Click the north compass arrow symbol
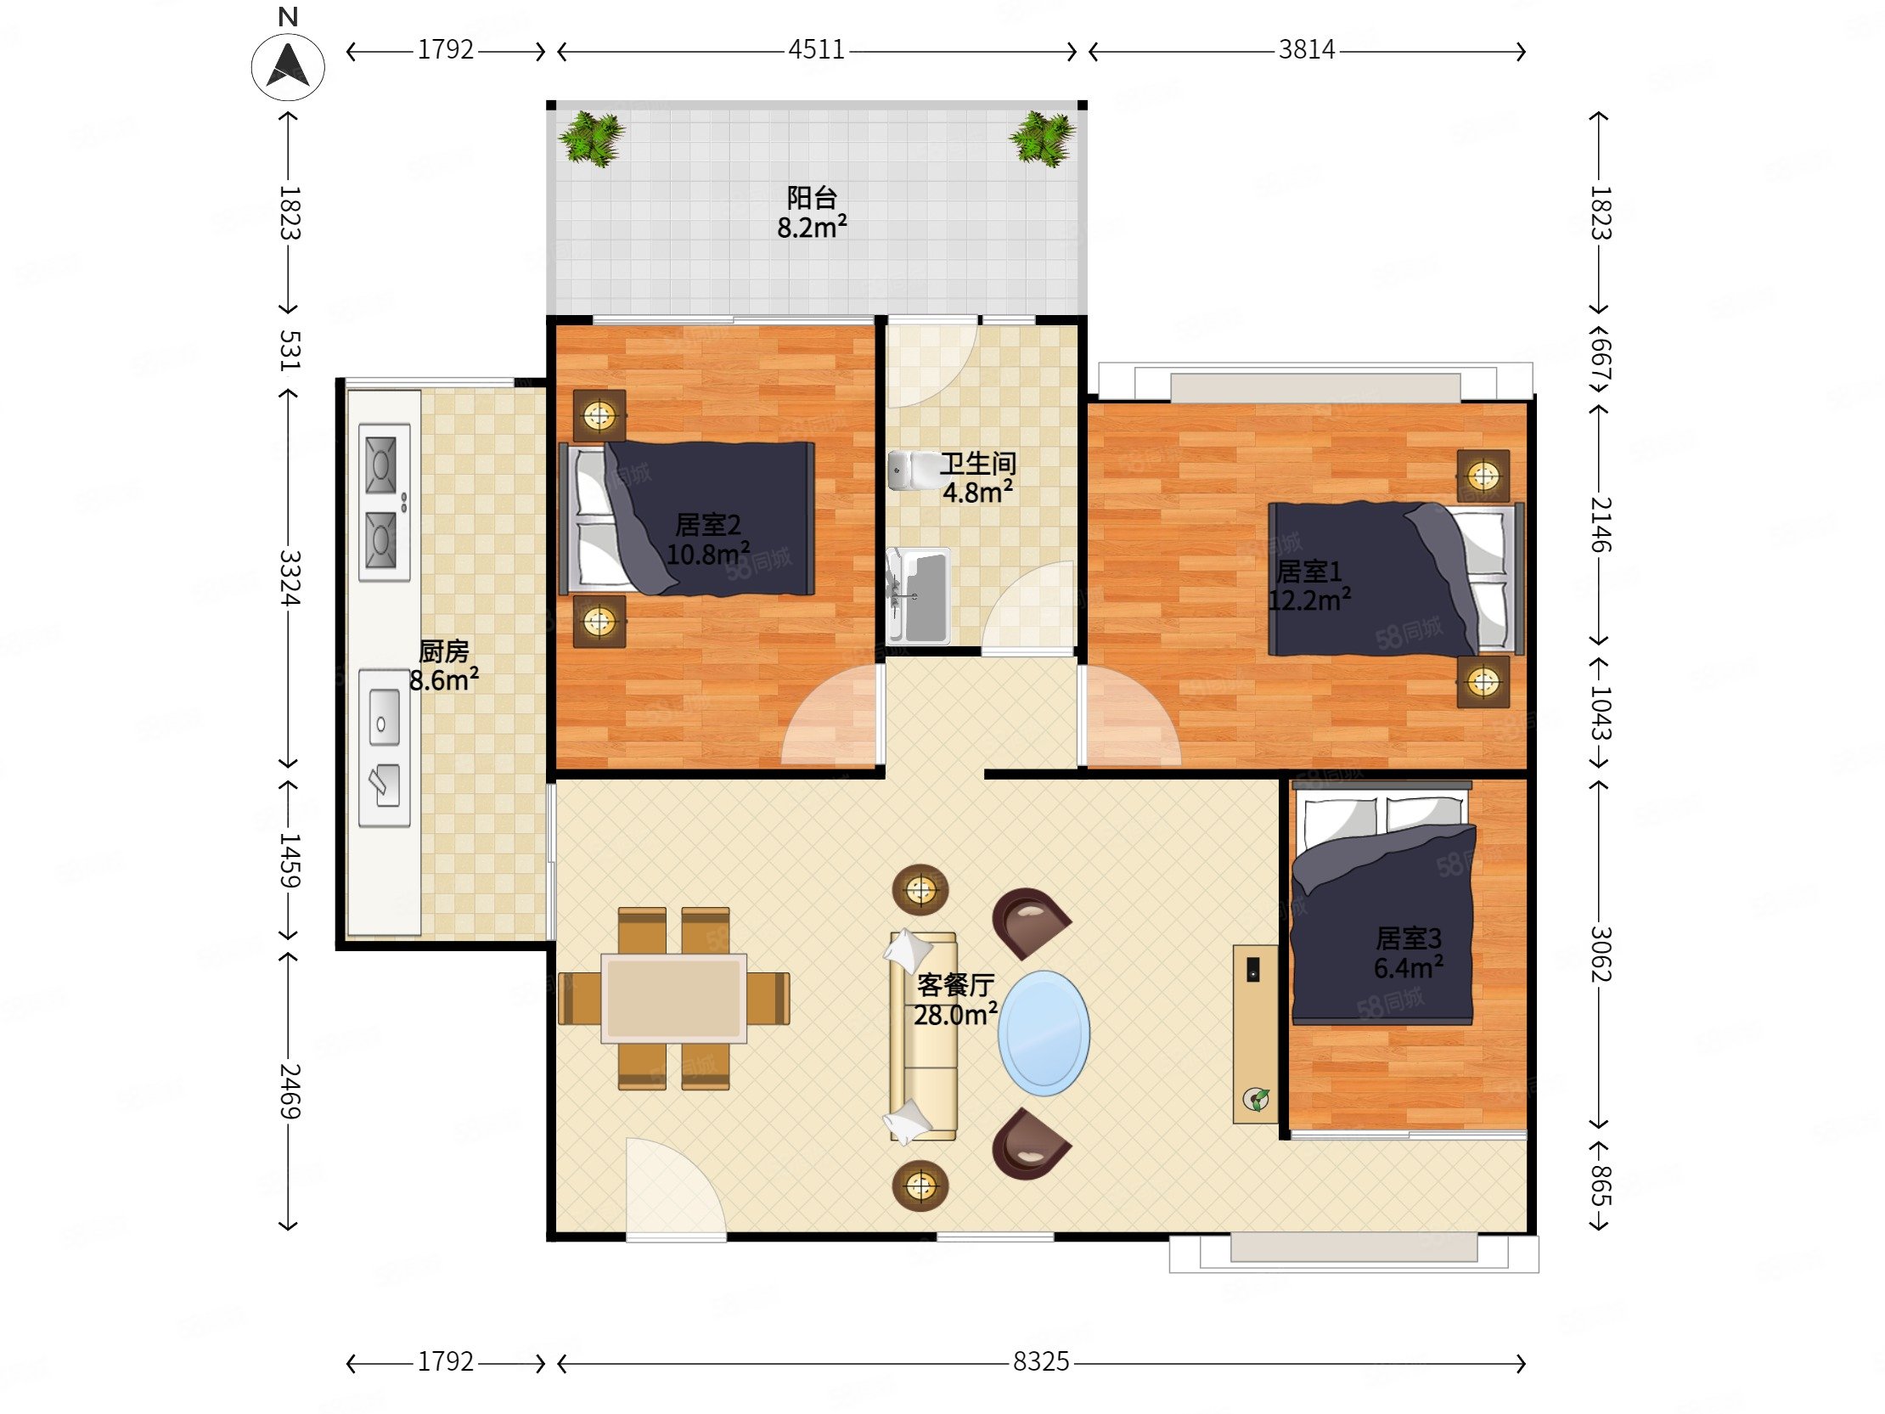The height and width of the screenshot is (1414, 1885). (288, 65)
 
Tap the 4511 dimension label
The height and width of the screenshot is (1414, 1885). (815, 50)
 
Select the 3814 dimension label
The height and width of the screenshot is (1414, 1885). (1307, 50)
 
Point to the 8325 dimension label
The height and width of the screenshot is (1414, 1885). (1040, 1361)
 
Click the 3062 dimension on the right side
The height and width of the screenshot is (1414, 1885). (1601, 954)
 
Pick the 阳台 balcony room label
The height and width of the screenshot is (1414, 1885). (811, 198)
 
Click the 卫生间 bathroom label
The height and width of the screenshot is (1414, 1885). (977, 464)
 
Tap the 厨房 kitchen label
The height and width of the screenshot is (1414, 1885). (444, 651)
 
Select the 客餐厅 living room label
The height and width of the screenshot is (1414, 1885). (955, 985)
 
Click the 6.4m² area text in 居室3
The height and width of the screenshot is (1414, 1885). (1408, 967)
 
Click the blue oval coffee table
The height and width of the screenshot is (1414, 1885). (1044, 1033)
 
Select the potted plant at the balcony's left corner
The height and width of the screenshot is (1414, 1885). (593, 138)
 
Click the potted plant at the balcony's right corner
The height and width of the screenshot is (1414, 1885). (1041, 138)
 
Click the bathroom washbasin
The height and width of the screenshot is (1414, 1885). (918, 595)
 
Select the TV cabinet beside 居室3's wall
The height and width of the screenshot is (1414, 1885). (1255, 1034)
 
